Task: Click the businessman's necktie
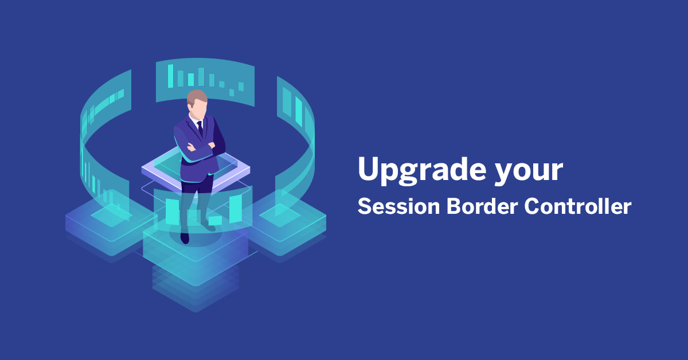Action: coord(200,127)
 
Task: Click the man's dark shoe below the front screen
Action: coord(185,236)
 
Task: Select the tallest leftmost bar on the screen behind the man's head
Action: coord(170,76)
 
